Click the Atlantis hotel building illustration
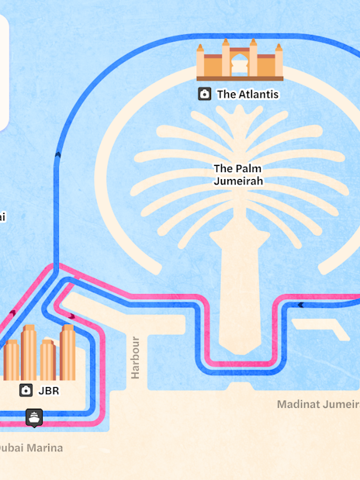coord(239,60)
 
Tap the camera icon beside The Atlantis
coord(204,94)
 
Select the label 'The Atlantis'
coord(247,95)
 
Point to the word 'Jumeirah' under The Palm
coord(239,181)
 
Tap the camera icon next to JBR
coord(26,390)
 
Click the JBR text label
coord(48,391)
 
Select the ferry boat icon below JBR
coord(34,417)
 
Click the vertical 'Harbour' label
coord(136,357)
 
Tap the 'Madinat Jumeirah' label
coord(318,404)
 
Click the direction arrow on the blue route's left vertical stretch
coord(57,156)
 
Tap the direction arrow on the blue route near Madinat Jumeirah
coord(300,305)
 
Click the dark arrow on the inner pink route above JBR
coord(71,316)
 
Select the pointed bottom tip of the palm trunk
coord(232,350)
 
